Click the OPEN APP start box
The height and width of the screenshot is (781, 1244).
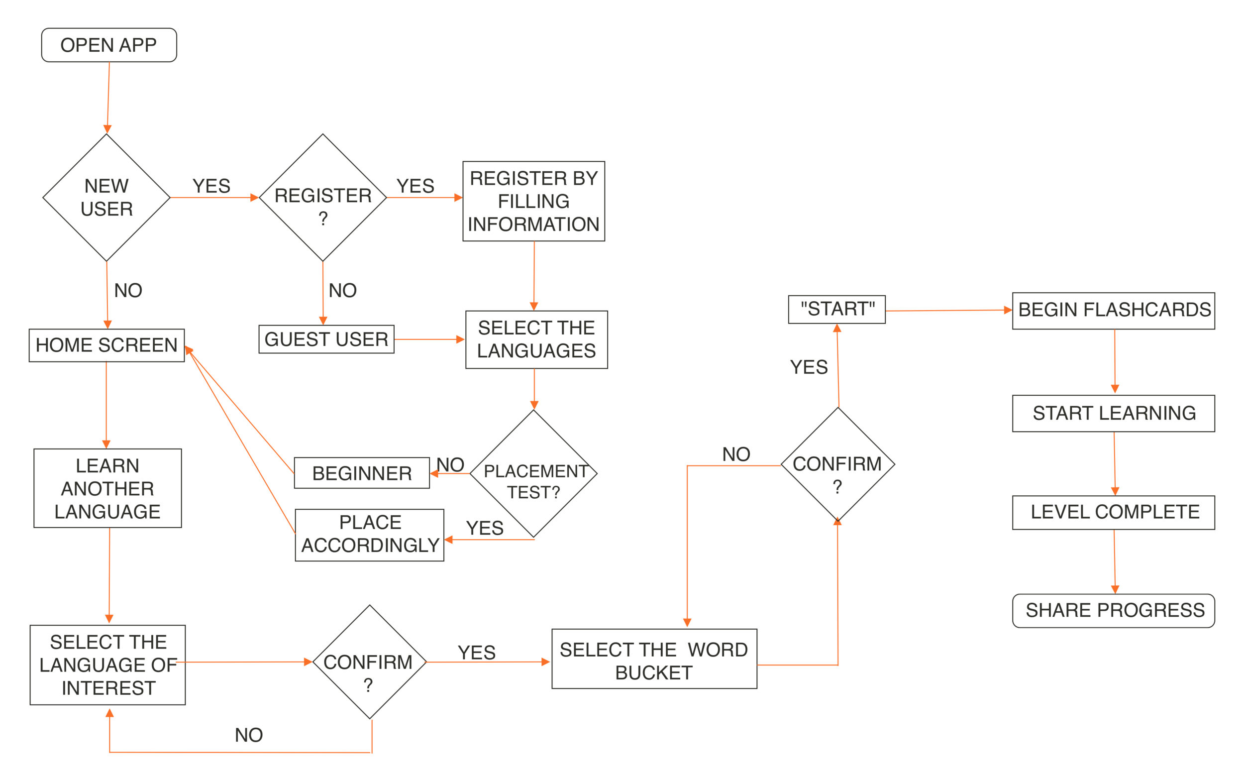(108, 45)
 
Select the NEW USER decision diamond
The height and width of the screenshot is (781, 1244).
(106, 197)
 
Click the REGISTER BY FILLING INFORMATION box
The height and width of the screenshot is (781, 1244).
(533, 201)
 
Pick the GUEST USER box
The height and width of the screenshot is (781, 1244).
(326, 339)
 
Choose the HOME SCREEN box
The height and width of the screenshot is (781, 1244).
(106, 345)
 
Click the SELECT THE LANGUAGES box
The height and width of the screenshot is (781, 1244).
(536, 339)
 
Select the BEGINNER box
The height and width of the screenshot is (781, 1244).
(361, 472)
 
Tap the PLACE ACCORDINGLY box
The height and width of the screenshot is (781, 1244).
(369, 535)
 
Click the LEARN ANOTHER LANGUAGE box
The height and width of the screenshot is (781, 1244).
(107, 488)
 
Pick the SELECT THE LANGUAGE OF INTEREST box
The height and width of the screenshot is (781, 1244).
(107, 665)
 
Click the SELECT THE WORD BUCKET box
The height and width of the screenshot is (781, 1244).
(654, 659)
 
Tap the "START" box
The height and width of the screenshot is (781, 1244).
(836, 310)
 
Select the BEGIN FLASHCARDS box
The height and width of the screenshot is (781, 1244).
(1113, 311)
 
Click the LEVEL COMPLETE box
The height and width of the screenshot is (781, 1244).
(1113, 512)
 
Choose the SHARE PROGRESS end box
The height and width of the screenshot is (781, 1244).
(1113, 611)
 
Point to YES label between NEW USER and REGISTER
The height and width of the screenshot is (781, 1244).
(211, 186)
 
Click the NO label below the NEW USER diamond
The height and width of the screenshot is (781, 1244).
(128, 290)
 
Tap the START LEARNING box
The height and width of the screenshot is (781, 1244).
(1113, 413)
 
